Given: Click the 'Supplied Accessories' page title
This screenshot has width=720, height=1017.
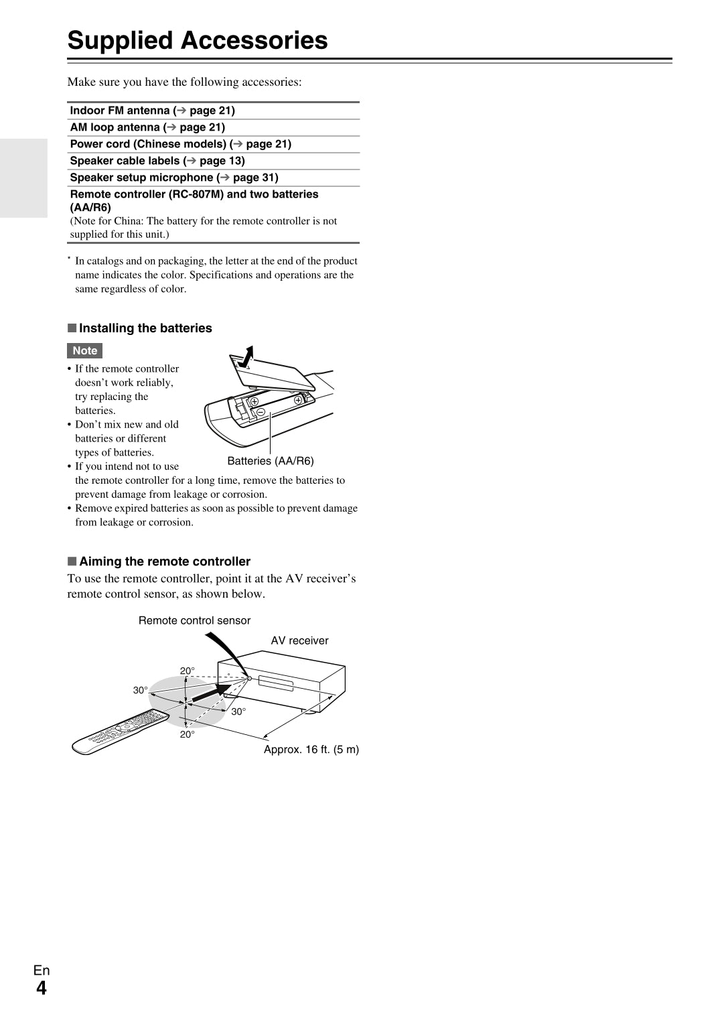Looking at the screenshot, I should click(x=198, y=40).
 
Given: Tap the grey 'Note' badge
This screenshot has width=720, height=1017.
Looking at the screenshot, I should click(x=85, y=350).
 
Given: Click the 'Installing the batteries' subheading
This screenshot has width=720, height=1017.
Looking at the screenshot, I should click(x=145, y=328).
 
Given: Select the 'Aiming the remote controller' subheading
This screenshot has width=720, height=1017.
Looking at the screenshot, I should click(x=165, y=561).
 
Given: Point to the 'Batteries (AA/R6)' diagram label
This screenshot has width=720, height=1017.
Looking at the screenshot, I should click(x=271, y=461).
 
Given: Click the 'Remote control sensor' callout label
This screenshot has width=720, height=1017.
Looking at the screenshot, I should click(x=194, y=620).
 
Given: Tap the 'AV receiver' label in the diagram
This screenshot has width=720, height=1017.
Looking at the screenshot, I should click(x=299, y=640).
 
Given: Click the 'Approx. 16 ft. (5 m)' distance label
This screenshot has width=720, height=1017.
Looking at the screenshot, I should click(x=311, y=749).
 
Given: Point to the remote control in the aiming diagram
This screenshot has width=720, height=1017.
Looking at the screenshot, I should click(x=121, y=731).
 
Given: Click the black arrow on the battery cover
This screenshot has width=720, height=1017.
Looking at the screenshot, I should click(x=246, y=357).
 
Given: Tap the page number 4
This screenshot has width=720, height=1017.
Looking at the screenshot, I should click(x=42, y=988).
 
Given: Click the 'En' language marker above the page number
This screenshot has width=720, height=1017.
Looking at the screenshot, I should click(x=42, y=970).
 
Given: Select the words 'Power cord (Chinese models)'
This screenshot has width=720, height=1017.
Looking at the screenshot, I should click(x=148, y=144).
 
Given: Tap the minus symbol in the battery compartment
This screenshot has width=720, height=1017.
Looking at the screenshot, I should click(x=261, y=411).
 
